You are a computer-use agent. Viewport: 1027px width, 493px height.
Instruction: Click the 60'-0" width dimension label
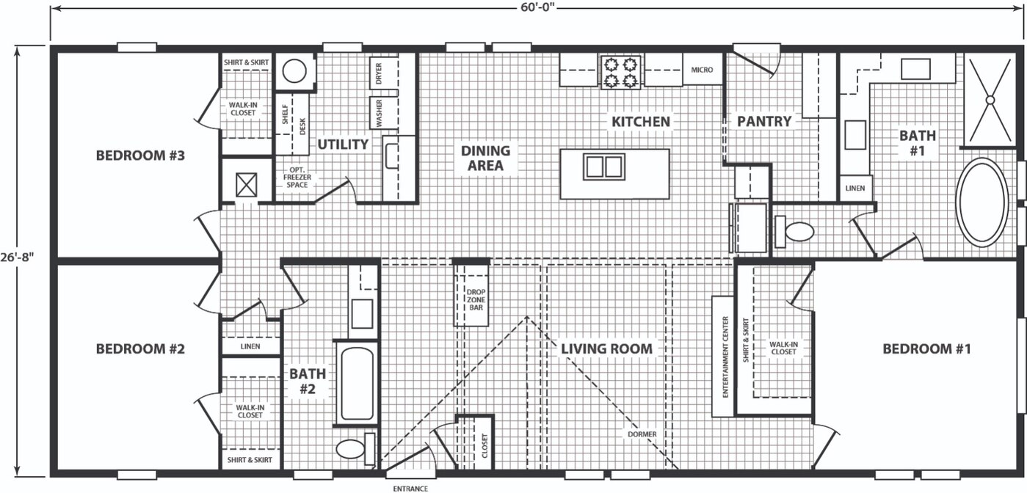pos(537,9)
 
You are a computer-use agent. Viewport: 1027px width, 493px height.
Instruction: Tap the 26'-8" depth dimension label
pos(17,258)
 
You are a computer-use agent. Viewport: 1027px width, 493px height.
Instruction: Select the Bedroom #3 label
pos(140,156)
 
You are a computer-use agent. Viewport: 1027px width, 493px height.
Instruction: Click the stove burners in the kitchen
pos(620,72)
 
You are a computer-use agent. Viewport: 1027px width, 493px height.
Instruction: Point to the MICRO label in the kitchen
pos(702,70)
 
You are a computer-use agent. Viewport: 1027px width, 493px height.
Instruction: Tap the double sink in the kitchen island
pos(604,167)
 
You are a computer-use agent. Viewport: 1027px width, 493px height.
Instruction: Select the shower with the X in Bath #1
pos(990,100)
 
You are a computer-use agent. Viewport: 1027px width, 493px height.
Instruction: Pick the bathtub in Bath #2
pos(358,384)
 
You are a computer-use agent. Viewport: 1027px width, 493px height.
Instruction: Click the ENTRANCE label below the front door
pos(410,489)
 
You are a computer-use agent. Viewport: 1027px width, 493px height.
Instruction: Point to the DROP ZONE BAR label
pos(476,299)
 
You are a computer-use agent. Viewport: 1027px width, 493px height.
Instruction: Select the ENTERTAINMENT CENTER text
pos(725,357)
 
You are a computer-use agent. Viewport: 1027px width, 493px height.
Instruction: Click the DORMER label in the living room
pos(642,434)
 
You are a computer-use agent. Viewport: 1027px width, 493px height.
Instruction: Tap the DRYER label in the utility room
pos(378,73)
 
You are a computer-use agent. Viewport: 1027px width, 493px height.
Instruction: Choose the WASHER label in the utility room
pos(380,113)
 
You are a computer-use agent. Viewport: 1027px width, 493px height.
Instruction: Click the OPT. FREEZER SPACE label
pos(297,178)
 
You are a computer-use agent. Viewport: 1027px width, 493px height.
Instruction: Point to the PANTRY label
pos(764,122)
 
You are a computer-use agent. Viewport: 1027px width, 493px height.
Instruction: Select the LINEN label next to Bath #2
pos(250,346)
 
